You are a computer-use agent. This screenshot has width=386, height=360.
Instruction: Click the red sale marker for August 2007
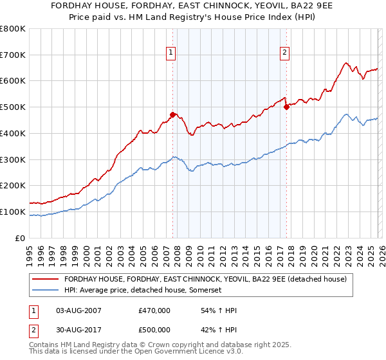click(172, 115)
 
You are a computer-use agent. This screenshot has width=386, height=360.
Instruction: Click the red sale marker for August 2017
click(286, 107)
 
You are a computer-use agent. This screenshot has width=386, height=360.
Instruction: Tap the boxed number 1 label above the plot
click(171, 53)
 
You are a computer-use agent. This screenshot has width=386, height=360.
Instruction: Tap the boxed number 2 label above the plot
click(284, 53)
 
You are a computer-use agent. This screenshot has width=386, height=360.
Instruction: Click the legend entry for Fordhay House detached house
click(205, 279)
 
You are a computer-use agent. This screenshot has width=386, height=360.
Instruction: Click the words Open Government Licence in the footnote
click(154, 353)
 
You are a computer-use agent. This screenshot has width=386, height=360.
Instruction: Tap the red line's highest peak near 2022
click(346, 63)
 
